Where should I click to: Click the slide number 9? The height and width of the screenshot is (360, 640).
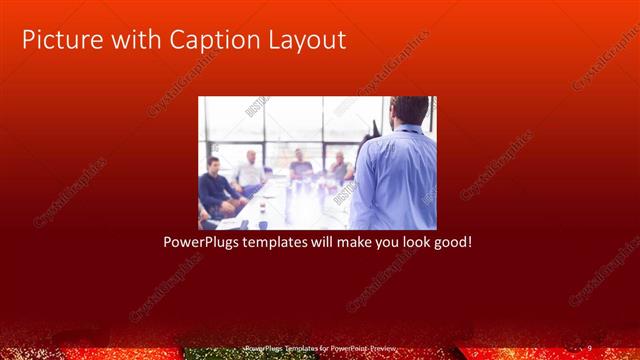pyautogui.click(x=589, y=346)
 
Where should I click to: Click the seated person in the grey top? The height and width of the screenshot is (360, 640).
pyautogui.click(x=300, y=170)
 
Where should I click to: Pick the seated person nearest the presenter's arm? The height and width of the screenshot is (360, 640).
pyautogui.click(x=340, y=170)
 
